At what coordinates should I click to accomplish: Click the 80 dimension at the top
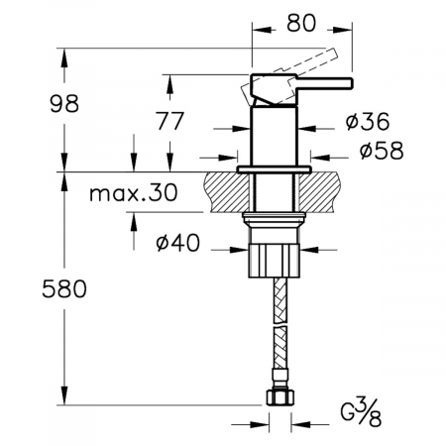point(301,24)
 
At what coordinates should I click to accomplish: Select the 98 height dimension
point(64,103)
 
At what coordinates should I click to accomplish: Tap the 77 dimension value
point(169,121)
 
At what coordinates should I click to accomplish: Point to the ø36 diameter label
point(368,121)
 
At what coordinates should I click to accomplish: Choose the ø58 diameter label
point(382,151)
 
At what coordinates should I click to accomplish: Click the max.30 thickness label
point(134,192)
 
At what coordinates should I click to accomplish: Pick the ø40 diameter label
point(178,243)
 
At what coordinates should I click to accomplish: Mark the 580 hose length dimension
point(64,288)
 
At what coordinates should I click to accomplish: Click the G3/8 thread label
point(362,411)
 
